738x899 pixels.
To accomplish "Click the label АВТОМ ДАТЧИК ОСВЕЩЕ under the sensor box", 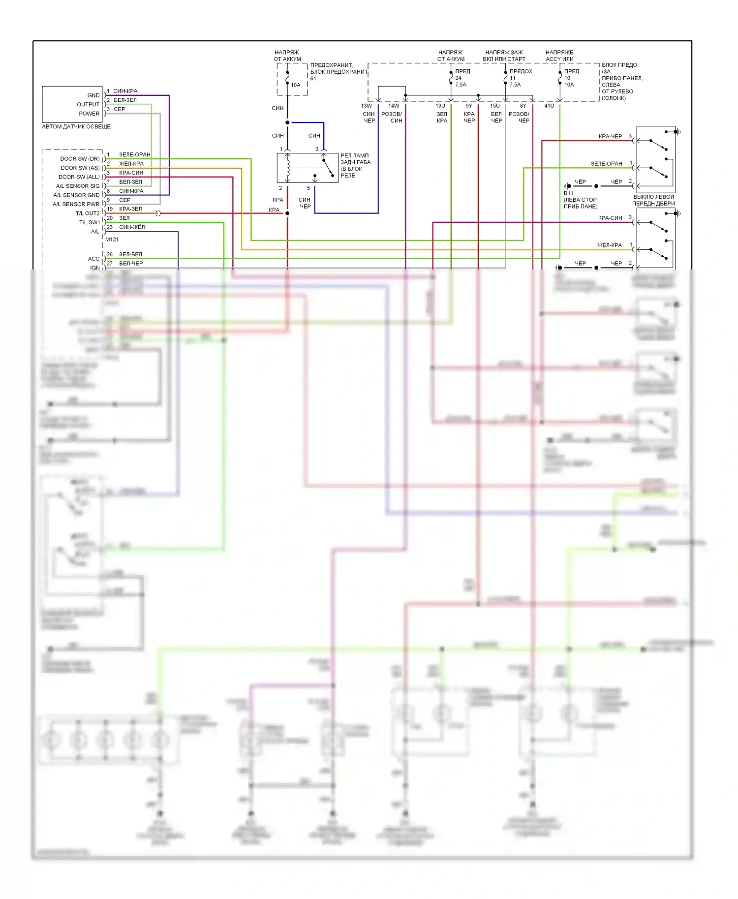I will (76, 126).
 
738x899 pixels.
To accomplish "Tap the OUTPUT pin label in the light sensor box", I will (88, 104).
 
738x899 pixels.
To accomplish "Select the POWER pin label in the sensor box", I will (89, 114).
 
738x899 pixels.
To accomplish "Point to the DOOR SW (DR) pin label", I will (80, 159).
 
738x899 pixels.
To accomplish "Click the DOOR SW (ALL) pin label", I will (79, 177).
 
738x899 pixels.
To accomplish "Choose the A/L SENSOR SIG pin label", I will (78, 186).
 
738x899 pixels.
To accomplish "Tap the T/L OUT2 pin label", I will (87, 213).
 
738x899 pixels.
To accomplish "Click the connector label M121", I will (112, 240).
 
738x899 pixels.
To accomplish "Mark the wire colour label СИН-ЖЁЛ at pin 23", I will (132, 227).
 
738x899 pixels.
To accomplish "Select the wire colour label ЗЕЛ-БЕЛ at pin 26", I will (130, 254).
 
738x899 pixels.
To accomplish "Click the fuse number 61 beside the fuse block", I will (313, 79).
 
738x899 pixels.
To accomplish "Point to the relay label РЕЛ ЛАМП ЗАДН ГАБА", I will (355, 159).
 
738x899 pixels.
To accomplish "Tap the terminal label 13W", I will (367, 106).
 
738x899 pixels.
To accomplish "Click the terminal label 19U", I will (440, 106).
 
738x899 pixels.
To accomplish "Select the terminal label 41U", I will (549, 106).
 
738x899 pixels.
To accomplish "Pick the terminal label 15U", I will (495, 106).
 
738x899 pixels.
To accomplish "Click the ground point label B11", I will (568, 193).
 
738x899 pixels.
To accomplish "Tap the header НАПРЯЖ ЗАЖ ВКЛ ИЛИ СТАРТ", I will (504, 56).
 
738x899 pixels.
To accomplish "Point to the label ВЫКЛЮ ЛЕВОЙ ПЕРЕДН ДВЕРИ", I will (653, 200).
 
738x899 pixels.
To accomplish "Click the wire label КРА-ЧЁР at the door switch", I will (610, 136).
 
